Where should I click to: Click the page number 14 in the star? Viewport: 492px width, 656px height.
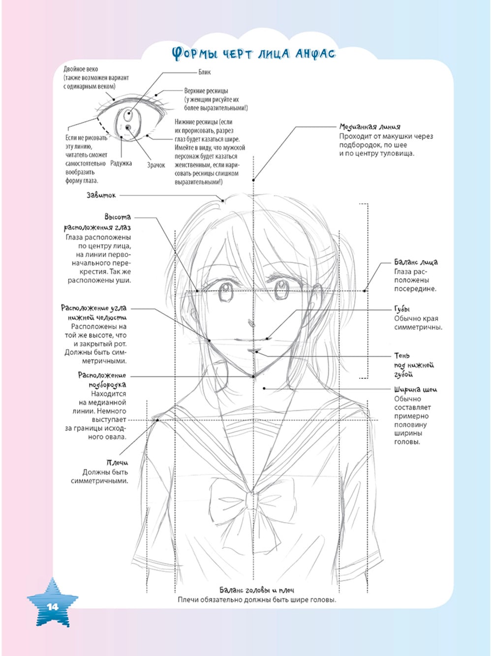[53, 607]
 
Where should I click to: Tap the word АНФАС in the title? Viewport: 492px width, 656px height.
[315, 54]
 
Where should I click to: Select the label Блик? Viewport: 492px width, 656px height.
[205, 72]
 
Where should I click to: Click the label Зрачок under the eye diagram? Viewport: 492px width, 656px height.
[156, 165]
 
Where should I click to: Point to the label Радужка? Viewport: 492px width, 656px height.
[121, 163]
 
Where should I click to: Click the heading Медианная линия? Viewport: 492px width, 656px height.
[369, 126]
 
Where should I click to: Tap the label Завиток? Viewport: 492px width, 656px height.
[101, 195]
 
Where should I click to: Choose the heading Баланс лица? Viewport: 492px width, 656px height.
[416, 262]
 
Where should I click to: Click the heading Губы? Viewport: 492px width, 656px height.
[402, 310]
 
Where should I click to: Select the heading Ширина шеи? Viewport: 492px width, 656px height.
[415, 389]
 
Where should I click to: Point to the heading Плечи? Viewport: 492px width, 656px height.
[118, 463]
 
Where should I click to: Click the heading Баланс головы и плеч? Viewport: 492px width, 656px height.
[257, 590]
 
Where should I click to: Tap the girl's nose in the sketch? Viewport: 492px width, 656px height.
[251, 323]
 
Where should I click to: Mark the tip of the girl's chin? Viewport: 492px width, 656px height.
[253, 376]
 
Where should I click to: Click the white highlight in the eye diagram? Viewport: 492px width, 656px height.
[129, 114]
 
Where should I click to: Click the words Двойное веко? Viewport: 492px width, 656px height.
[81, 69]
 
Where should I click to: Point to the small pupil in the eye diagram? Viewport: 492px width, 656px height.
[128, 127]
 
